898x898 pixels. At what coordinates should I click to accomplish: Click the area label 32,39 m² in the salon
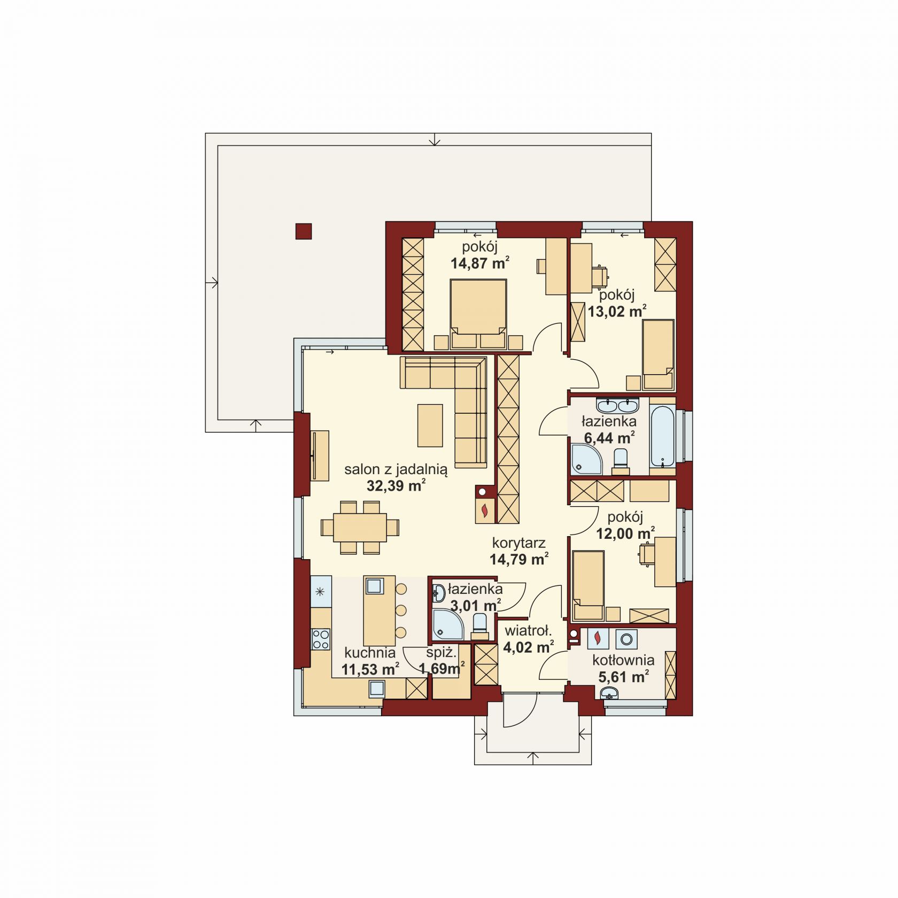[396, 486]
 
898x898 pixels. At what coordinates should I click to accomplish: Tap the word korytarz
[518, 543]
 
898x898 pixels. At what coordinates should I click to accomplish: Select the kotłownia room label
[623, 660]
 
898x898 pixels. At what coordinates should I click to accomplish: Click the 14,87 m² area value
[479, 263]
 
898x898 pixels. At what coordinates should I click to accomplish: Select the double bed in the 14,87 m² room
[478, 314]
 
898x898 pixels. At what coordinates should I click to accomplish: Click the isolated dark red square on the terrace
[304, 231]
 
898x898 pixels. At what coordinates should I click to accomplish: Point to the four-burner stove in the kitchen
[321, 639]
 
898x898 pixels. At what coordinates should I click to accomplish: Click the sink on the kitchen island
[374, 586]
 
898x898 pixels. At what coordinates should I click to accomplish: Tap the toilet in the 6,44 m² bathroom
[621, 461]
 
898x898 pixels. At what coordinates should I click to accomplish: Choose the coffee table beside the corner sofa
[430, 425]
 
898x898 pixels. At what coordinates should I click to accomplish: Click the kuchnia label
[370, 653]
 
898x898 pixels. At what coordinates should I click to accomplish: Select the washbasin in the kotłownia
[609, 694]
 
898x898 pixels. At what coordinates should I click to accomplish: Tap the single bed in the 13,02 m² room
[658, 354]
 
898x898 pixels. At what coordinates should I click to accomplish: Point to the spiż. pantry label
[441, 653]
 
